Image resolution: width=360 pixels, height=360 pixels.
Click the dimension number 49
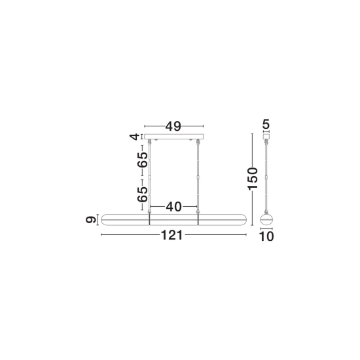point(173,126)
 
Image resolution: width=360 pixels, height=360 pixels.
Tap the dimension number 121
point(172,235)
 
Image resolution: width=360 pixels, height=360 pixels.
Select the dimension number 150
point(253,179)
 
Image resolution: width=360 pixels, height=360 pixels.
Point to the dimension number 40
point(174,207)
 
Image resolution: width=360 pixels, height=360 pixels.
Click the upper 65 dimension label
point(142,160)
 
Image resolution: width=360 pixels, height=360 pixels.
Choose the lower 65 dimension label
point(142,194)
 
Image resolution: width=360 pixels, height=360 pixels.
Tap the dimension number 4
point(135,137)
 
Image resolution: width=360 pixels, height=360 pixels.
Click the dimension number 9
point(91,220)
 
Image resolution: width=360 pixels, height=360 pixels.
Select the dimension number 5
point(266,124)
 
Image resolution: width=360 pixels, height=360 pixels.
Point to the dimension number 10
point(266,236)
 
